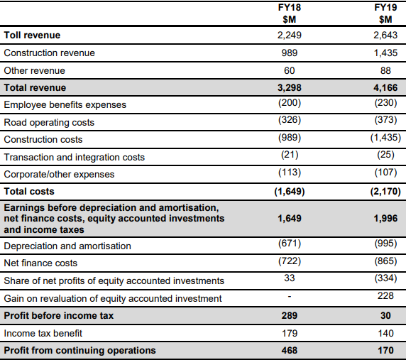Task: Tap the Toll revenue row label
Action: pos(32,35)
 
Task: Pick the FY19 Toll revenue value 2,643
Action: pos(385,35)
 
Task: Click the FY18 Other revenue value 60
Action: pos(289,70)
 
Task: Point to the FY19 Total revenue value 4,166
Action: pos(385,88)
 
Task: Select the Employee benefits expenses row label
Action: pos(65,104)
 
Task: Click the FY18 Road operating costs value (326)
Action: pos(290,120)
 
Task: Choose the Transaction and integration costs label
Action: pos(75,157)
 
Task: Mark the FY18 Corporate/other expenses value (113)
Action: pos(290,173)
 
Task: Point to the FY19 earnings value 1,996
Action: pos(385,218)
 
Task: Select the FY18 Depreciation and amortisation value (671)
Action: pos(290,244)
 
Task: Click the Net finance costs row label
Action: pos(40,263)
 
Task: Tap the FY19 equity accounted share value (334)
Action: pos(385,278)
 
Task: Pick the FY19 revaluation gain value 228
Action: pos(385,295)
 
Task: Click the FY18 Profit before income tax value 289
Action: pos(290,316)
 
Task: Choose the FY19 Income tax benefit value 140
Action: pos(385,333)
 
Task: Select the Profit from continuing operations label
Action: pos(79,351)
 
